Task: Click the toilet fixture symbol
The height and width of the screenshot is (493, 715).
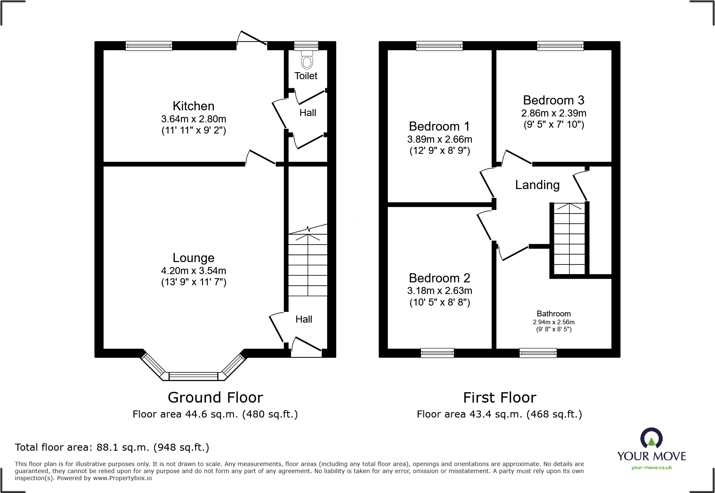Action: coord(307,61)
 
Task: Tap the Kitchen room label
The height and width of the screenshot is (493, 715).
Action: coord(193,106)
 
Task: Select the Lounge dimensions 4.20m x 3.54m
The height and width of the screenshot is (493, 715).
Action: coord(193,271)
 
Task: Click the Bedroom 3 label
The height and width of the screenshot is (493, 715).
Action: coord(553,100)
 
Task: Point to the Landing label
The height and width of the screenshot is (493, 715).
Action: coord(537,185)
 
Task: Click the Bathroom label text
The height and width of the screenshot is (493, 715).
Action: coord(553,313)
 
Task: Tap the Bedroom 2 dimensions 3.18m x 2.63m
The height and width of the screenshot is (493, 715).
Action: coord(439,291)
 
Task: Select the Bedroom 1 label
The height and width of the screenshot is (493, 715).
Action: coord(439,126)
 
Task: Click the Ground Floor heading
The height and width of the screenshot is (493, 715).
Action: coord(215,397)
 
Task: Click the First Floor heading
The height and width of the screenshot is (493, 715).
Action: coord(500,397)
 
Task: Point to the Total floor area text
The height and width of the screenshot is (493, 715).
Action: coord(112,447)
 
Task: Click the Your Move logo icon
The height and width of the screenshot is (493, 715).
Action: coord(651,438)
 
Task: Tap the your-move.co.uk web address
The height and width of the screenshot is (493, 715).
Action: coord(651,468)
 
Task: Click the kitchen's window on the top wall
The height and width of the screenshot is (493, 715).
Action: coord(149,46)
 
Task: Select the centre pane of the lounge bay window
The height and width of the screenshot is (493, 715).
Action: coord(193,376)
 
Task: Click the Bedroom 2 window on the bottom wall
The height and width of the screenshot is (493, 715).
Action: coord(437,353)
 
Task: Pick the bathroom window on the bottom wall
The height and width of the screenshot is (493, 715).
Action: coord(538,353)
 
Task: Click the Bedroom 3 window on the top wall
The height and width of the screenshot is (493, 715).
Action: coord(560,46)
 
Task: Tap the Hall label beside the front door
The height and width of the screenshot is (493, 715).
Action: coord(304,319)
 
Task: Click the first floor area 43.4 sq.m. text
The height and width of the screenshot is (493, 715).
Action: coord(500,414)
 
